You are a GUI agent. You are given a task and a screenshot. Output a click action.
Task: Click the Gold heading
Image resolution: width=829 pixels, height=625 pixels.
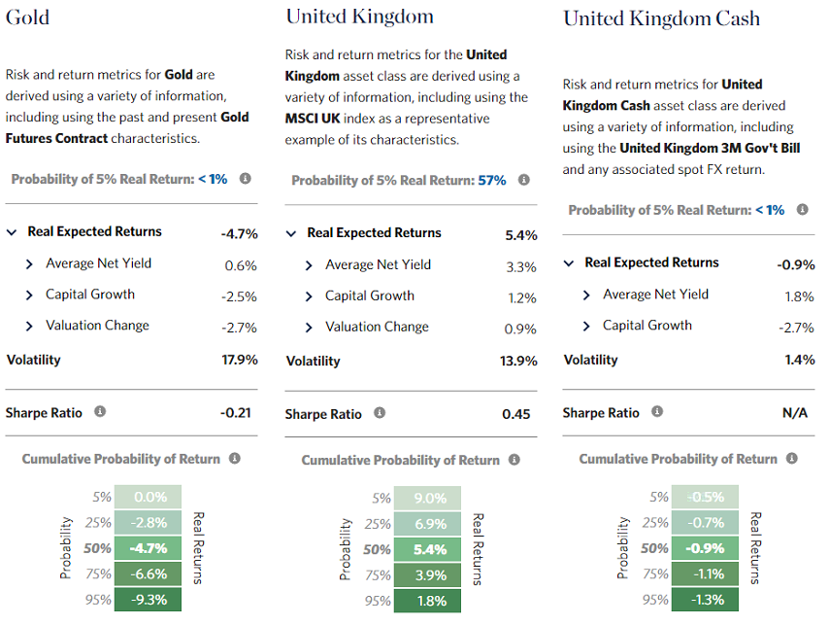click(27, 17)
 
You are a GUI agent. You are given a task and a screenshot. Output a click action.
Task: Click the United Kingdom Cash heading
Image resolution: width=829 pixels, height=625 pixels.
click(661, 18)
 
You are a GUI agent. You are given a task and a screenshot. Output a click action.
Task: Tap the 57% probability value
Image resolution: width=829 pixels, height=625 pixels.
click(492, 181)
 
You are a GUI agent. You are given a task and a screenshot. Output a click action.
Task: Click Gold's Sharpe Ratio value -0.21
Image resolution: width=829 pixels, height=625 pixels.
click(235, 412)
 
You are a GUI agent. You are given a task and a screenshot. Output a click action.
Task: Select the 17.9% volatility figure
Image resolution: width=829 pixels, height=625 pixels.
click(239, 360)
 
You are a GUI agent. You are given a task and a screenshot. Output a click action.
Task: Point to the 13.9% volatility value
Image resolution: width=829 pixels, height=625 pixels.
click(518, 362)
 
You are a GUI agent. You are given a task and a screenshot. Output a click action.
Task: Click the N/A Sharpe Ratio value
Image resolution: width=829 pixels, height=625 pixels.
click(794, 413)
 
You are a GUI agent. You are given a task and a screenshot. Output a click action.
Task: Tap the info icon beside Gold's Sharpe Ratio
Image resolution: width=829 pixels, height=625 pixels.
click(100, 412)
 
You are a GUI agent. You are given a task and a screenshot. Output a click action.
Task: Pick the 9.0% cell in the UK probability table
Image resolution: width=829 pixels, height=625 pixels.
click(430, 499)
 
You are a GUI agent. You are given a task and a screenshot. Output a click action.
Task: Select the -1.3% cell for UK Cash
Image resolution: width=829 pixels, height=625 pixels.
click(707, 599)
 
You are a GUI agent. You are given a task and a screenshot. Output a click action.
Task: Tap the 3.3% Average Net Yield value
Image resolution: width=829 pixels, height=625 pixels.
click(521, 266)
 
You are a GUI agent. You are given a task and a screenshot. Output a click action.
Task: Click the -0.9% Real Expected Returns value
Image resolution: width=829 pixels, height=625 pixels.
click(795, 264)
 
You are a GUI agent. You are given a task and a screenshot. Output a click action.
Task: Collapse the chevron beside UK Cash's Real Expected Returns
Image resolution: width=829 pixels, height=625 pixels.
click(570, 263)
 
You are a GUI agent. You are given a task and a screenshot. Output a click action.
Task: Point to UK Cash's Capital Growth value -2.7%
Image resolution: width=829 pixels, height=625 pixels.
click(795, 328)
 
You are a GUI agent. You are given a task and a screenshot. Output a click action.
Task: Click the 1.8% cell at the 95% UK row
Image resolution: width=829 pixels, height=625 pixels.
click(430, 601)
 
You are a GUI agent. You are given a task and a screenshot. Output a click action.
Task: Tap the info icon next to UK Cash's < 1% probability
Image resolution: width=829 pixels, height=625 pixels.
click(802, 210)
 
